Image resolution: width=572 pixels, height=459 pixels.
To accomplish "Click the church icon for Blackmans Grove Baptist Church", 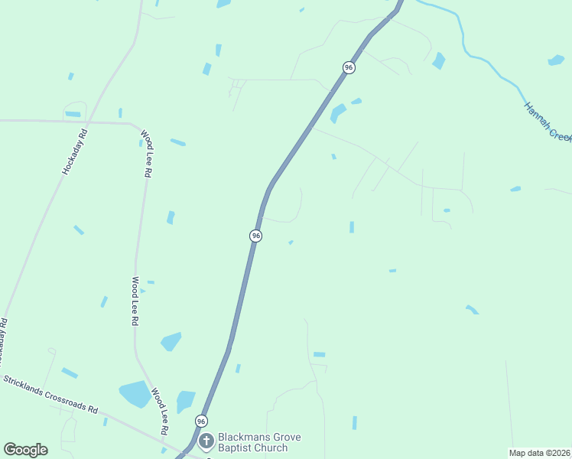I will pyautogui.click(x=206, y=441).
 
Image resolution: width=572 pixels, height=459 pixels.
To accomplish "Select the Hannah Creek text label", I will pyautogui.click(x=548, y=121).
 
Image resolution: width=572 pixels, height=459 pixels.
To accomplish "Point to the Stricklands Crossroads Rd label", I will pyautogui.click(x=50, y=394).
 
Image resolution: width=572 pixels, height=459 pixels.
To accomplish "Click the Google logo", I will pyautogui.click(x=25, y=450).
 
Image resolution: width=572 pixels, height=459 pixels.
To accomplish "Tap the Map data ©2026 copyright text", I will pyautogui.click(x=540, y=453).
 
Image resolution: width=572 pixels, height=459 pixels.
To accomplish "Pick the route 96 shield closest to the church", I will pyautogui.click(x=201, y=422).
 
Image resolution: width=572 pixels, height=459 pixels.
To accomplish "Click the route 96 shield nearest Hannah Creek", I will pyautogui.click(x=349, y=67).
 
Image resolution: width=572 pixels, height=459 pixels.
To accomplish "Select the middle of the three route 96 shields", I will pyautogui.click(x=256, y=236).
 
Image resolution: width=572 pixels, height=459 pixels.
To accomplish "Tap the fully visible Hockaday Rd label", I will pyautogui.click(x=75, y=152).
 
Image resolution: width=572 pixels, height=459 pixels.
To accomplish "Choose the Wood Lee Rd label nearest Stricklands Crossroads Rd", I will pyautogui.click(x=159, y=412).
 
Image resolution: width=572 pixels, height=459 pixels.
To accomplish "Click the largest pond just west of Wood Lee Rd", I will pyautogui.click(x=135, y=394).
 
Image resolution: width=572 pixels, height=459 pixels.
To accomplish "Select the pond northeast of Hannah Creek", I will pyautogui.click(x=556, y=60).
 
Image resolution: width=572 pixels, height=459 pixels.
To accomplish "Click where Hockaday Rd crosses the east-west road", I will pyautogui.click(x=89, y=121).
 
